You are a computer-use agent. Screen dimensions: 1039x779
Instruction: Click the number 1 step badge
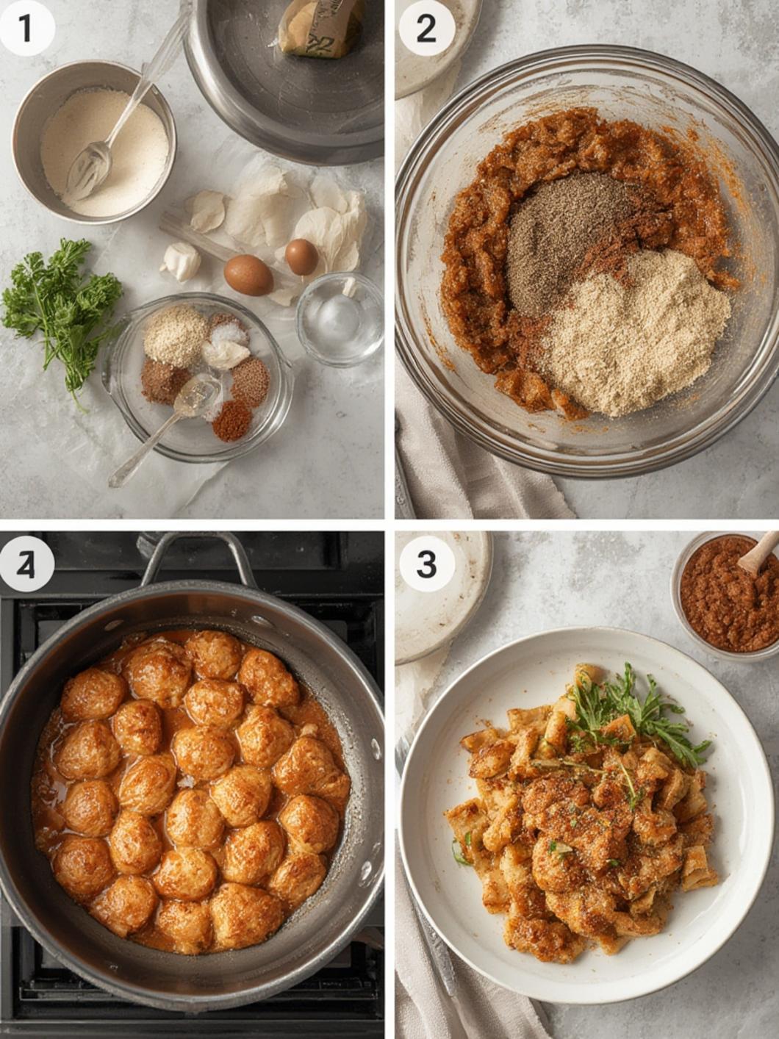click(x=26, y=29)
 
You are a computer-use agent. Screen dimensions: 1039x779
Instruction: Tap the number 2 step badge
click(x=426, y=29)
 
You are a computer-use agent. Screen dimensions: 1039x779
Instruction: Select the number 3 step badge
click(x=426, y=564)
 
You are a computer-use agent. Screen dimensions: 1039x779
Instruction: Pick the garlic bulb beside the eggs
click(x=181, y=260)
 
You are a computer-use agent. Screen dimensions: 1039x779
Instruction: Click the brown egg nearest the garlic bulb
click(x=248, y=275)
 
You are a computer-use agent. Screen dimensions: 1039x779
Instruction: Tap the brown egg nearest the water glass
click(x=301, y=256)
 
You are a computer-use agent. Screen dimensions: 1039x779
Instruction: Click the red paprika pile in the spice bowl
click(x=232, y=420)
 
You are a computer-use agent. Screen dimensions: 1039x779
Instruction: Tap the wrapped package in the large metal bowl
click(x=320, y=28)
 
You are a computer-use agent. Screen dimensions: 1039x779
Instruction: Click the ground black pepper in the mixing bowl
click(x=566, y=235)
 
